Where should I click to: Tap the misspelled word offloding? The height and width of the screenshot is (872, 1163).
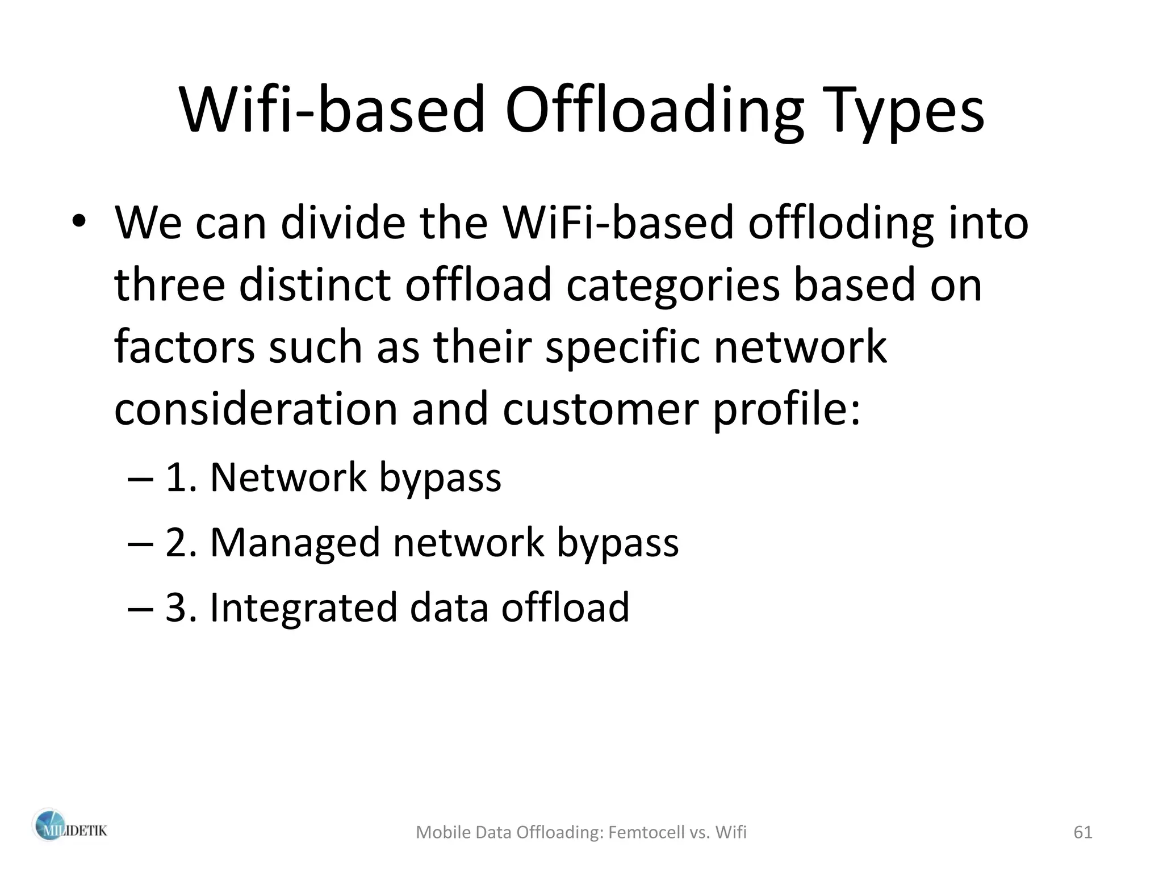[840, 223]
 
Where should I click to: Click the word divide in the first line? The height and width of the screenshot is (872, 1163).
[343, 223]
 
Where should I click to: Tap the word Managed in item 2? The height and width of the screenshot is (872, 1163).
[295, 542]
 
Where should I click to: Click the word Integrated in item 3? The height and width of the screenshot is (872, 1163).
[303, 607]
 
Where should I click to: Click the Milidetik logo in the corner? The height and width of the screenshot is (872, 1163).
[69, 831]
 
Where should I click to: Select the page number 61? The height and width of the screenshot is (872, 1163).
[1083, 832]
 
